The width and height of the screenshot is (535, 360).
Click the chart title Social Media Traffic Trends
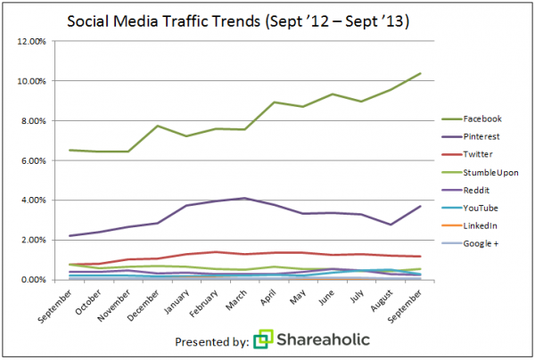tap(267, 20)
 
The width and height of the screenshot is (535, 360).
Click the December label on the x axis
tap(144, 304)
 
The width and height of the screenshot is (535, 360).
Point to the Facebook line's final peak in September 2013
tap(420, 73)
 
